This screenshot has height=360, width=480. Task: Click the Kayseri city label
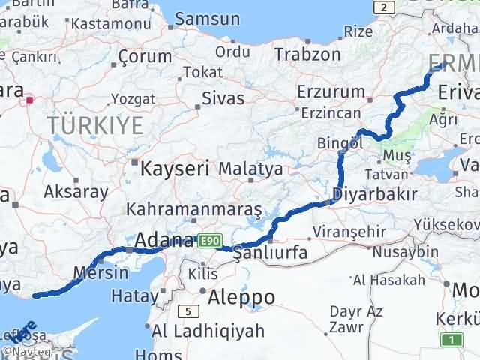(175, 168)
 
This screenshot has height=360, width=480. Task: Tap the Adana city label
(164, 241)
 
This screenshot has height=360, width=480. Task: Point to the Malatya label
(251, 169)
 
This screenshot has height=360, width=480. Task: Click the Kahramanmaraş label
(193, 208)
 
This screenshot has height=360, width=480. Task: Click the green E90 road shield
(208, 241)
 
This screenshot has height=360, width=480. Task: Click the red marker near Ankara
(29, 98)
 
